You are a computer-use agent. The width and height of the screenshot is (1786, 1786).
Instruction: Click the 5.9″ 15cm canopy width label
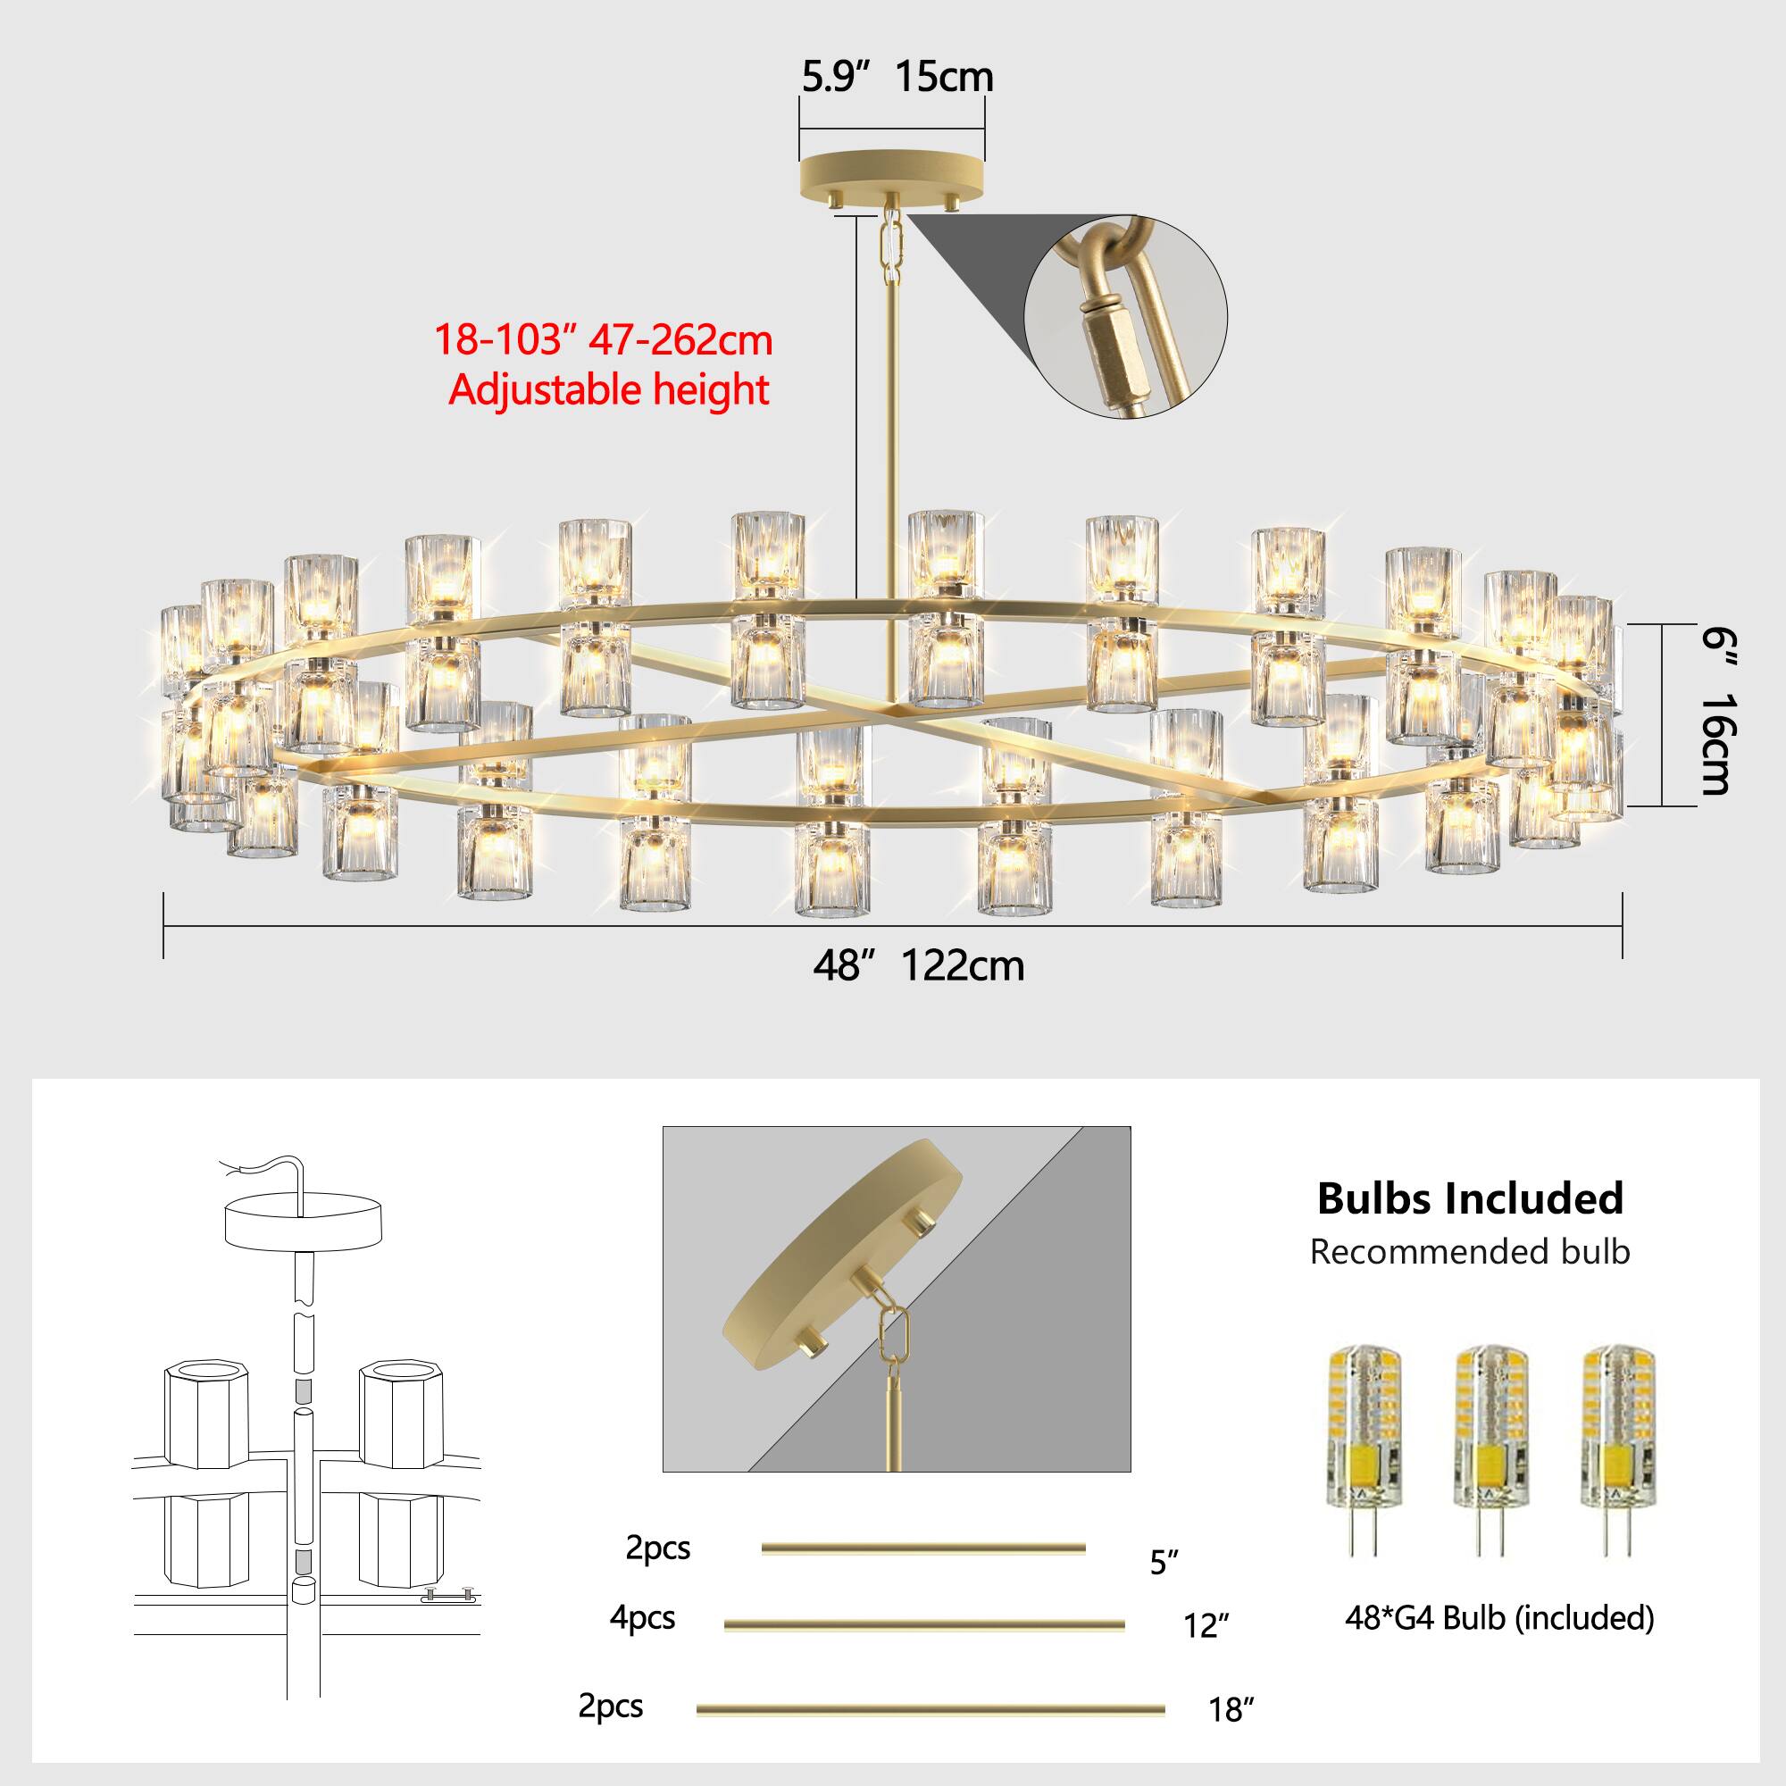[897, 77]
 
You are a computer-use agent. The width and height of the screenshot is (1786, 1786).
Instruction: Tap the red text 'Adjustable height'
[608, 389]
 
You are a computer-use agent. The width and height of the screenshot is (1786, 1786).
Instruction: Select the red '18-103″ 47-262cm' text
[603, 339]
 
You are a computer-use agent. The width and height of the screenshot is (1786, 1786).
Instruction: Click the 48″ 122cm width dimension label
[918, 966]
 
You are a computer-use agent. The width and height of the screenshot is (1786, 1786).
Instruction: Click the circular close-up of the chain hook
[1125, 317]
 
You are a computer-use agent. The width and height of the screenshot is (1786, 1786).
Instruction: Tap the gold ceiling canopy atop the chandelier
[892, 174]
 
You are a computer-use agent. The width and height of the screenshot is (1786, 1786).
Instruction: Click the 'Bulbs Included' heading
[1470, 1198]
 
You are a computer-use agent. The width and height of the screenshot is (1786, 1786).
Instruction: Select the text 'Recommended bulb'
[1470, 1252]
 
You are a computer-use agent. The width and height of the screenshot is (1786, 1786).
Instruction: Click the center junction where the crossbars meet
[892, 709]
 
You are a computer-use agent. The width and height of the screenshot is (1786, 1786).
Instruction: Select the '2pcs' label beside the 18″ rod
[610, 1706]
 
